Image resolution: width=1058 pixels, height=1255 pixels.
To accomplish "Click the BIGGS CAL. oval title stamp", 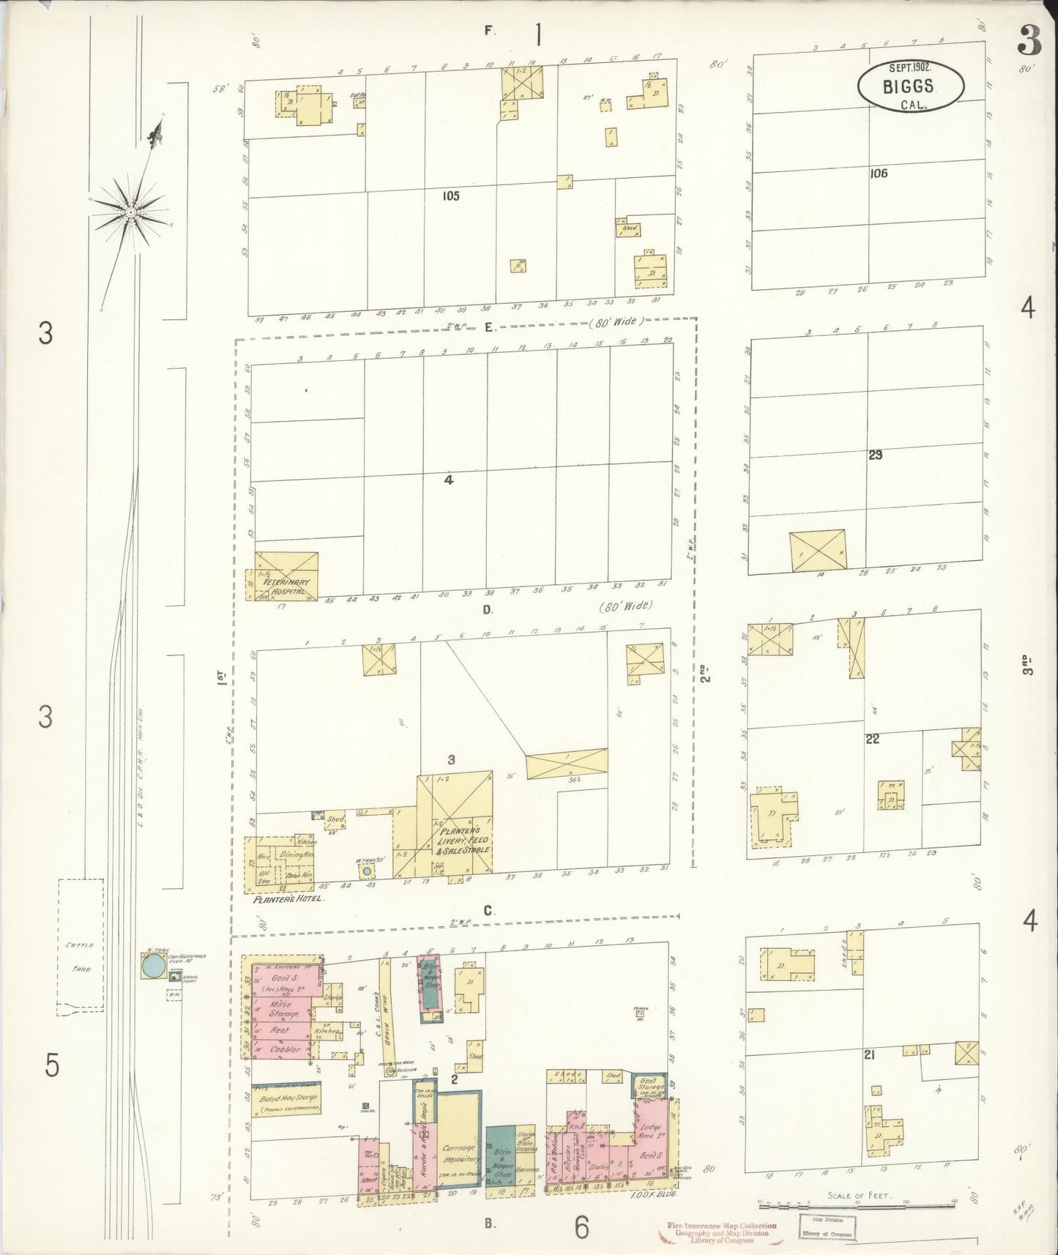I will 911,86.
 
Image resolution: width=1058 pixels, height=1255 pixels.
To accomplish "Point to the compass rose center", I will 130,212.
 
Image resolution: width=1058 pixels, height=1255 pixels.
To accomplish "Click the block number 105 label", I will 450,195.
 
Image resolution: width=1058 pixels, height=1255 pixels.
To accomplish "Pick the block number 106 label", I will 879,174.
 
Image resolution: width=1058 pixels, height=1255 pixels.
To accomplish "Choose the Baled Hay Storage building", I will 286,1099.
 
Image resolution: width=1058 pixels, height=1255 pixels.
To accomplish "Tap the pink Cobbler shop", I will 283,1049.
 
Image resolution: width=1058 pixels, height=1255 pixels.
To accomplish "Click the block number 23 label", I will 875,455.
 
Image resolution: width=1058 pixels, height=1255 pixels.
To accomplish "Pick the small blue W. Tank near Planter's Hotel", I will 365,871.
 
